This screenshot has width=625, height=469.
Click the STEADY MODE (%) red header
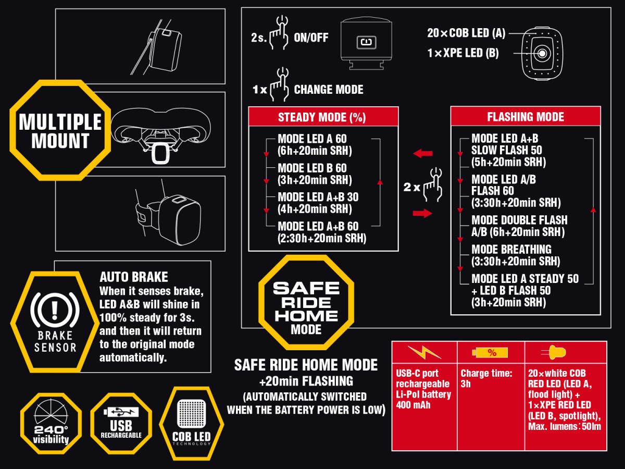coord(323,117)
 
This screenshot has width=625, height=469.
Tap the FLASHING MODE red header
coord(526,116)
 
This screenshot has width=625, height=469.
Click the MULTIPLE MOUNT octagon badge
coord(60,130)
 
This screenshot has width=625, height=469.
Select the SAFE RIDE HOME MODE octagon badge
coord(306,302)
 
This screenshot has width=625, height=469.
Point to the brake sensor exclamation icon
coord(55,310)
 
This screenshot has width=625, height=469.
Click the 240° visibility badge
coord(51,424)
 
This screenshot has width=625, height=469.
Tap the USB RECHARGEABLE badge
coord(121,424)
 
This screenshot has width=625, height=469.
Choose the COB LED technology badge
coord(191,424)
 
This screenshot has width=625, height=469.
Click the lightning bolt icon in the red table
coord(424,353)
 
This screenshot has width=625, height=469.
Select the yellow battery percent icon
coord(490,353)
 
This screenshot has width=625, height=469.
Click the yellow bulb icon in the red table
coord(554,353)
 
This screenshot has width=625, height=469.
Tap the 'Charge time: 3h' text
coord(486,378)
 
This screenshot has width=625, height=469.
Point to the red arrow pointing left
coord(423,154)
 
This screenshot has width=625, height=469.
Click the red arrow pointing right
coord(422,213)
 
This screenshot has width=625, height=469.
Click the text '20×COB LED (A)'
coord(466,33)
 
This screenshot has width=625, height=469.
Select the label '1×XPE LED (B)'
coord(463,53)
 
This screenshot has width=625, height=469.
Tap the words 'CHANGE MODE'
coord(329,90)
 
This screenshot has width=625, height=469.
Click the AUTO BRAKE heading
coord(134,277)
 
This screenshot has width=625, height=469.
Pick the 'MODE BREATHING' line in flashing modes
coord(511,250)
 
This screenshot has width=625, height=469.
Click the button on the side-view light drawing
coord(367,43)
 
